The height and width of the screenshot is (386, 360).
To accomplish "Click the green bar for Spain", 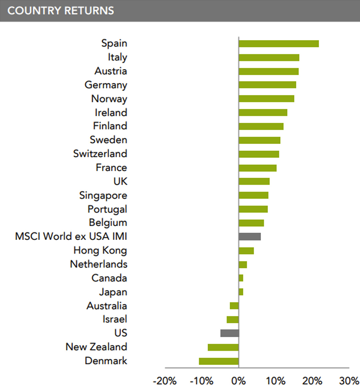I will pyautogui.click(x=279, y=44).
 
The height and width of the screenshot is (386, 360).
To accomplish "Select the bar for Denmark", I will pyautogui.click(x=219, y=361).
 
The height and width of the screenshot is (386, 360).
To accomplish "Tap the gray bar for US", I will pyautogui.click(x=230, y=333).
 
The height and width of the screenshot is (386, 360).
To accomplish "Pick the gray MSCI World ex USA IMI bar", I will pyautogui.click(x=250, y=237).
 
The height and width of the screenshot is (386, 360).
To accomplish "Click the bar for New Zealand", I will pyautogui.click(x=223, y=347).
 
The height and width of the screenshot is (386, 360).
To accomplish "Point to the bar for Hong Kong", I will pyautogui.click(x=246, y=251).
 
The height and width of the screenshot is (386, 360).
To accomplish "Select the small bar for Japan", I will pyautogui.click(x=241, y=292).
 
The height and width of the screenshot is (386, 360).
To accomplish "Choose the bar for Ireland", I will pyautogui.click(x=263, y=112).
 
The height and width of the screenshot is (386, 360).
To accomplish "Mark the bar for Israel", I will pyautogui.click(x=233, y=320).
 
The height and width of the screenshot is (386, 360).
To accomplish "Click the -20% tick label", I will pyautogui.click(x=165, y=381).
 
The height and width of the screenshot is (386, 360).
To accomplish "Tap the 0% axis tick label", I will pyautogui.click(x=239, y=381).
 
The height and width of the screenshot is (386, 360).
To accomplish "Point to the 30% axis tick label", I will pyautogui.click(x=349, y=381).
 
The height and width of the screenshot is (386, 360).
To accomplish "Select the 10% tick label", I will pyautogui.click(x=276, y=381).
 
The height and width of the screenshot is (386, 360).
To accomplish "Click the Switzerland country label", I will pyautogui.click(x=100, y=154).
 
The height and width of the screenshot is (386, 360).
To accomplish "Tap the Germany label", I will pyautogui.click(x=106, y=85).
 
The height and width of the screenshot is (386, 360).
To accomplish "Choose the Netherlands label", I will pyautogui.click(x=99, y=264).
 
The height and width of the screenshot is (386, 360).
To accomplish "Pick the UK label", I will pyautogui.click(x=120, y=181).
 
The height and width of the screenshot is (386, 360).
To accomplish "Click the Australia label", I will pyautogui.click(x=107, y=306).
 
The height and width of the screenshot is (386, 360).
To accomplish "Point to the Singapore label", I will pyautogui.click(x=103, y=196).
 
